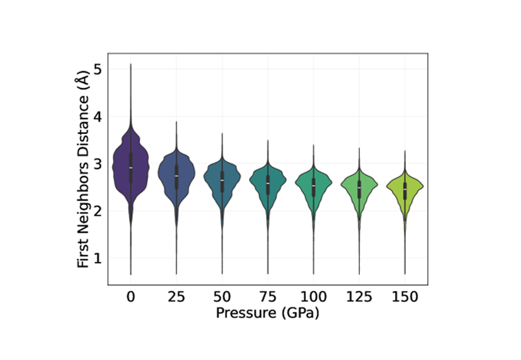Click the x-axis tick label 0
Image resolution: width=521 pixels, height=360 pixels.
(131, 298)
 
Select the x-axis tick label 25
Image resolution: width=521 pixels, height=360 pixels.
(176, 298)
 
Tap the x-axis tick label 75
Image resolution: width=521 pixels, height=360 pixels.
(268, 298)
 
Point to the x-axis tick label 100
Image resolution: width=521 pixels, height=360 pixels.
(313, 298)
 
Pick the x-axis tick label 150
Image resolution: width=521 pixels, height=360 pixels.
(405, 298)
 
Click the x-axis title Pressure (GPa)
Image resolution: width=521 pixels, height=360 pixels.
(268, 313)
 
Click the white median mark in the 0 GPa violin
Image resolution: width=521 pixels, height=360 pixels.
(131, 167)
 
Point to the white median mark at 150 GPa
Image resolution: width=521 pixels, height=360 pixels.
(405, 190)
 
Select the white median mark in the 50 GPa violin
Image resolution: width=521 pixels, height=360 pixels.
(222, 181)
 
